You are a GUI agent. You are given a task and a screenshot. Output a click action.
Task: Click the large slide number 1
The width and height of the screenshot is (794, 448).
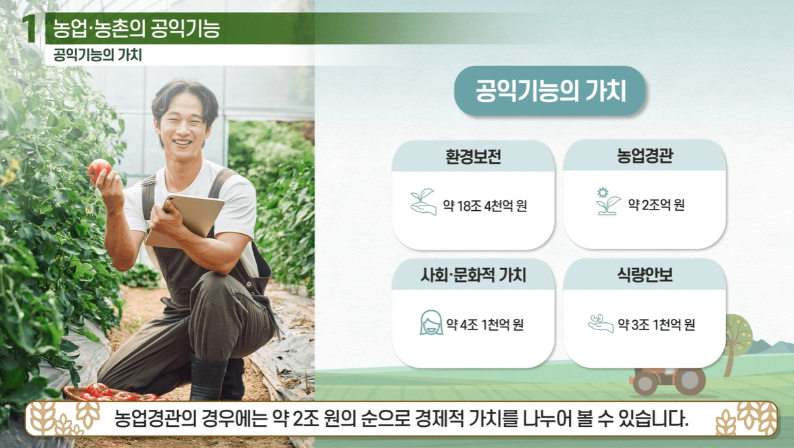coord(29,28)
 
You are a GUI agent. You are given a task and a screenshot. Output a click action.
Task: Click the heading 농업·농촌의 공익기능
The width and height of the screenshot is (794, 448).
coord(136,28)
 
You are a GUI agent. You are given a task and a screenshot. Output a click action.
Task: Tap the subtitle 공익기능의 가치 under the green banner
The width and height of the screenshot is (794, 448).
coord(97,55)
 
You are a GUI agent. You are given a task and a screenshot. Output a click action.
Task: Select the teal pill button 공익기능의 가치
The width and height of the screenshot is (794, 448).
coord(550,91)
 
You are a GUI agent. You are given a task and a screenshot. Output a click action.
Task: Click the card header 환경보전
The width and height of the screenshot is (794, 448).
coord(473,157)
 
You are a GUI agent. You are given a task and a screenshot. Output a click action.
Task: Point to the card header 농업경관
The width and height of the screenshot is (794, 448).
coord(645,156)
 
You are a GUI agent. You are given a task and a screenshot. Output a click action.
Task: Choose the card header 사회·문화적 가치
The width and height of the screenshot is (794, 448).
coord(473,275)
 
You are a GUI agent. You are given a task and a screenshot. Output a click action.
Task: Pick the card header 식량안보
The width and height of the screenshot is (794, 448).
coord(645,275)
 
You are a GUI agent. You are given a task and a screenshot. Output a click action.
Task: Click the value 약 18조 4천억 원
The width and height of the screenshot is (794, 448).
coord(485,206)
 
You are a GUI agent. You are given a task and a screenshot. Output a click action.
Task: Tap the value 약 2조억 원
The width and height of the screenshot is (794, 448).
coord(656,205)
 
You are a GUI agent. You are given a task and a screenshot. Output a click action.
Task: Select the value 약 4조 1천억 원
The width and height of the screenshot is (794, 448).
coord(485,325)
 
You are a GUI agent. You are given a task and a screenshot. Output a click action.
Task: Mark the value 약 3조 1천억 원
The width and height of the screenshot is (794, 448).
coord(656,325)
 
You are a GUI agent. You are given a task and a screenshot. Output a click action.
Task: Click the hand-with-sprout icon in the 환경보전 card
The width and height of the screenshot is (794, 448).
coord(423,202)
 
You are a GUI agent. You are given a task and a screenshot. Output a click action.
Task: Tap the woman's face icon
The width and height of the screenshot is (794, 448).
coord(431,322)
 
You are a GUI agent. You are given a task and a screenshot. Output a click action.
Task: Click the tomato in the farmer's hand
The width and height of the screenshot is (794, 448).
coord(99,170)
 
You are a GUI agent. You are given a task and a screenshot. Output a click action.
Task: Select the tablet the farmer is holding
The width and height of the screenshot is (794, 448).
coord(186,217)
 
